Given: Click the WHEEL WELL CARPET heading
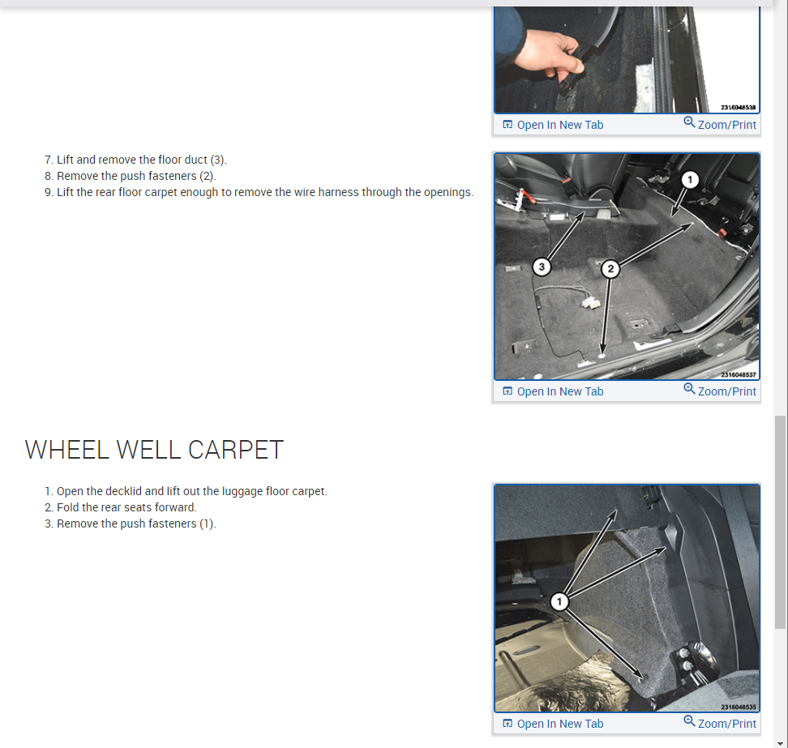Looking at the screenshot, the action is [154, 450].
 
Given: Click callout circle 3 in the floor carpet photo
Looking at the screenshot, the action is [542, 267].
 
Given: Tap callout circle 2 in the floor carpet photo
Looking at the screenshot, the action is [610, 269].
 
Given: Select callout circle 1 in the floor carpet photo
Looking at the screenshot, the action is [689, 179].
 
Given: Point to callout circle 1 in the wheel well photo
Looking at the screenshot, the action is [559, 601].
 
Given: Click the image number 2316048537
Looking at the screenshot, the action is [739, 374].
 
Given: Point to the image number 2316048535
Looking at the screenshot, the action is [739, 707].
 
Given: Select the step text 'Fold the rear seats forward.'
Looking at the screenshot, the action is [126, 507].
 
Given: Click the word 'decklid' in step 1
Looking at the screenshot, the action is [123, 491].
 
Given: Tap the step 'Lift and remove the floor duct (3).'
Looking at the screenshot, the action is [142, 160].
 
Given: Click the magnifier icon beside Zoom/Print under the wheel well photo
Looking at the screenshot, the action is [689, 722].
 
